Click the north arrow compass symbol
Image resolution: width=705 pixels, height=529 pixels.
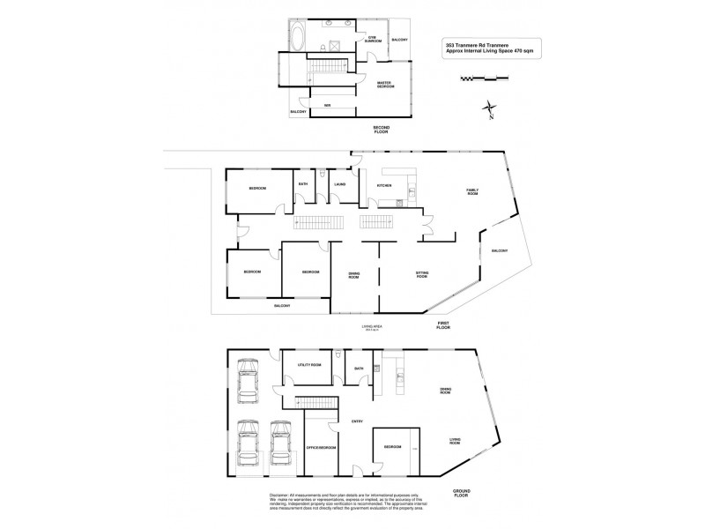click(x=488, y=110)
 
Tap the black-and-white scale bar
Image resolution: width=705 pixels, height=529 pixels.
click(x=484, y=79)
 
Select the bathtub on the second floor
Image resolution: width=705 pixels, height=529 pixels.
click(x=295, y=40)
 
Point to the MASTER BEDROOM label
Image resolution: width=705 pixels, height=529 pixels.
click(x=384, y=86)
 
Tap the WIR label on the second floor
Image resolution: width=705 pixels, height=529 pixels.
click(x=327, y=107)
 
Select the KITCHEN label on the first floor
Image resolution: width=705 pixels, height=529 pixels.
click(x=384, y=186)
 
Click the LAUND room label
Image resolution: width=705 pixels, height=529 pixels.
click(x=339, y=184)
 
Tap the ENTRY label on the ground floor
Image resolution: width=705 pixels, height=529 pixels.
click(x=358, y=421)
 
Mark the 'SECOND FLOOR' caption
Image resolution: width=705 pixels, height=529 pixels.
click(x=381, y=130)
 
